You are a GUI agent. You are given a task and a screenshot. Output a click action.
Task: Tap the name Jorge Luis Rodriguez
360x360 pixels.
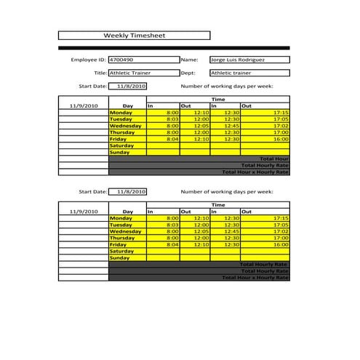(x=237, y=60)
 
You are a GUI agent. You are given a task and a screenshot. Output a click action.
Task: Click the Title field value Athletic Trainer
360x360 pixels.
(x=128, y=73)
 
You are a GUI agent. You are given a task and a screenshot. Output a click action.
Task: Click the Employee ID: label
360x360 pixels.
(x=88, y=60)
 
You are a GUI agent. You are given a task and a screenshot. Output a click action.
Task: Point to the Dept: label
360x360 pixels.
(x=188, y=73)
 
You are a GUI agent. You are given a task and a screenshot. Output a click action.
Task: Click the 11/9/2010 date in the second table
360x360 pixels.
(x=83, y=211)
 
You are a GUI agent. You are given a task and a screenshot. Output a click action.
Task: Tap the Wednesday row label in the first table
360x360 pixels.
(x=127, y=126)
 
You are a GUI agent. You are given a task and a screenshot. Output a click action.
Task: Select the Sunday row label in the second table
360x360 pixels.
(x=119, y=257)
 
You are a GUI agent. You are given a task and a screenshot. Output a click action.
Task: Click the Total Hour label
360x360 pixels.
(x=273, y=159)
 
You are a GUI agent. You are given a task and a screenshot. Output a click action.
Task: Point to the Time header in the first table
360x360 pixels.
(x=217, y=99)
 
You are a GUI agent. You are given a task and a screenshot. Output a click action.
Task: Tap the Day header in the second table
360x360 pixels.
(x=128, y=211)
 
